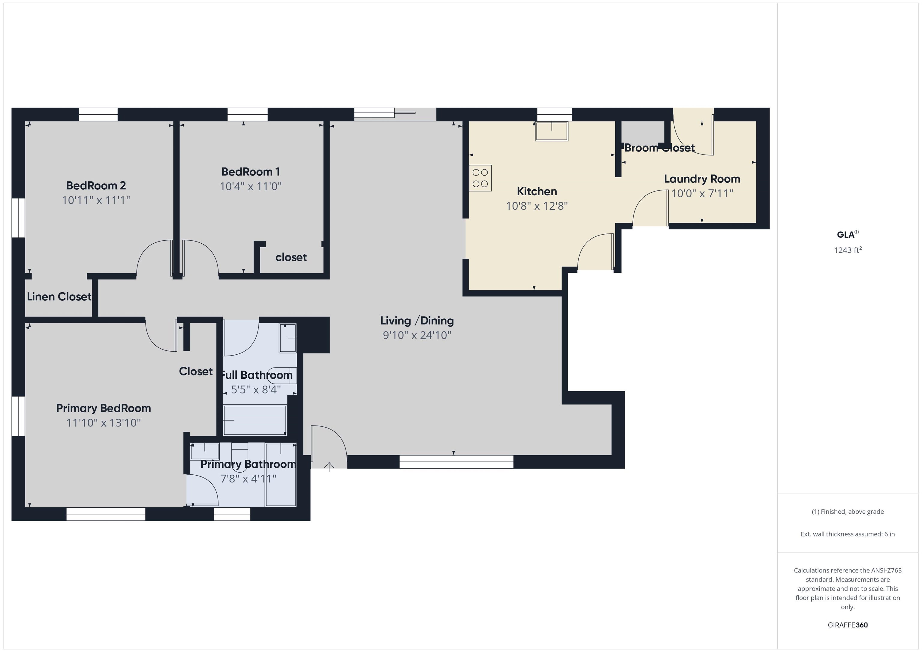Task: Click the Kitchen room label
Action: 537,191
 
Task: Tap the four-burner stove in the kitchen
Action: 480,178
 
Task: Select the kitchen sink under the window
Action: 551,131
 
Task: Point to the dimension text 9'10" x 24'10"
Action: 417,335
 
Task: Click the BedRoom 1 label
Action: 251,172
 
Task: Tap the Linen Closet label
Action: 59,297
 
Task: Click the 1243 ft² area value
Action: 847,250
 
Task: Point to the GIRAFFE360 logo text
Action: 847,625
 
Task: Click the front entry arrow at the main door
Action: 329,467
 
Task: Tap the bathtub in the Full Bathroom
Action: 255,420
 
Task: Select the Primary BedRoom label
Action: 103,408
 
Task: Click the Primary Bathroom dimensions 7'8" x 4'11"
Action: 248,479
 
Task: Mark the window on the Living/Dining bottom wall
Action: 456,462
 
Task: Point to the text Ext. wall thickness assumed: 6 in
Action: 847,534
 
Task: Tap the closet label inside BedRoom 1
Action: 291,257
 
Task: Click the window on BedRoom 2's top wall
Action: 98,114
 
